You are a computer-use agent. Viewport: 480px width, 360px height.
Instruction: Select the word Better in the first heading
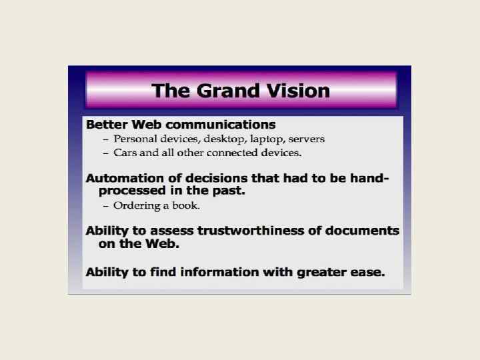[109, 124]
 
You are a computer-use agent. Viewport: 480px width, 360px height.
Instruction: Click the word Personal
[136, 139]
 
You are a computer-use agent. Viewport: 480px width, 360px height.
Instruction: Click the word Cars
[126, 153]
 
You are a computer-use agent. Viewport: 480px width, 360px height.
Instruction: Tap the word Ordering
[138, 205]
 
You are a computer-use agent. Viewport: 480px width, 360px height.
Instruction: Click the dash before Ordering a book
[105, 205]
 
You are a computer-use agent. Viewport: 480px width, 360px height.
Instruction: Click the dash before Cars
[105, 153]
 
